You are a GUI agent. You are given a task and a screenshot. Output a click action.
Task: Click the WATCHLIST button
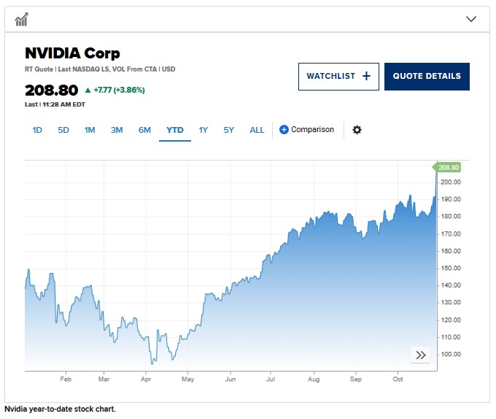pyautogui.click(x=338, y=76)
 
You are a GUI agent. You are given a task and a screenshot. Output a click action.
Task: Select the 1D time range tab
pyautogui.click(x=37, y=130)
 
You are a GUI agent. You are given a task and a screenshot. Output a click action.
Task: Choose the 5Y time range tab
pyautogui.click(x=229, y=130)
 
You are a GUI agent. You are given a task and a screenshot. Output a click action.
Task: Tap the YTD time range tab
pyautogui.click(x=175, y=130)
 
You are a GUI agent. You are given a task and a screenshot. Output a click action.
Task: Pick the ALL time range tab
pyautogui.click(x=257, y=130)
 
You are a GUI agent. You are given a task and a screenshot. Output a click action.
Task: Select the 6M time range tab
pyautogui.click(x=144, y=130)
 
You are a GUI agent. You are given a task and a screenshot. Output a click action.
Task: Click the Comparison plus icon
pyautogui.click(x=284, y=130)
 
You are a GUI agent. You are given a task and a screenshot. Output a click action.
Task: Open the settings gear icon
pyautogui.click(x=357, y=130)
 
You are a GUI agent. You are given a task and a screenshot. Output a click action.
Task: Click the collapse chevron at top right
pyautogui.click(x=470, y=19)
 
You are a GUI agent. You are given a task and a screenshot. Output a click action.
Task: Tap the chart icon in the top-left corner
pyautogui.click(x=22, y=19)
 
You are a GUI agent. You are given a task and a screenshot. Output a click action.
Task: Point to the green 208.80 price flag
pyautogui.click(x=449, y=167)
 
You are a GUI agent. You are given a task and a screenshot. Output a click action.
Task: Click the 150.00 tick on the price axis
pyautogui.click(x=450, y=268)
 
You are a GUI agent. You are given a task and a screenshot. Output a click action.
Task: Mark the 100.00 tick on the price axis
pyautogui.click(x=450, y=355)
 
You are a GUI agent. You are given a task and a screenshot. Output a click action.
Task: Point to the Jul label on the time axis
pyautogui.click(x=271, y=380)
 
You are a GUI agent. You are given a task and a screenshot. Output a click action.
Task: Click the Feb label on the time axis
pyautogui.click(x=66, y=380)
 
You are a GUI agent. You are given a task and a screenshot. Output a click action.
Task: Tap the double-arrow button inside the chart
pyautogui.click(x=421, y=355)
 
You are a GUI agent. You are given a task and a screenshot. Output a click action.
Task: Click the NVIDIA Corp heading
pyautogui.click(x=72, y=53)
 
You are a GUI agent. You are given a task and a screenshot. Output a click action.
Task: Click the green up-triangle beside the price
pyautogui.click(x=88, y=91)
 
